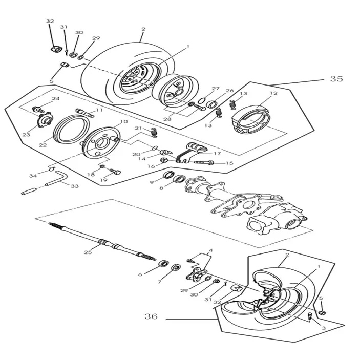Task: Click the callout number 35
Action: (x=336, y=79)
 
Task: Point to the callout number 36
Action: (x=151, y=317)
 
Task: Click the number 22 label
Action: (x=43, y=145)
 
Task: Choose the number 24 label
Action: (x=55, y=98)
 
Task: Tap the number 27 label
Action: (x=216, y=88)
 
